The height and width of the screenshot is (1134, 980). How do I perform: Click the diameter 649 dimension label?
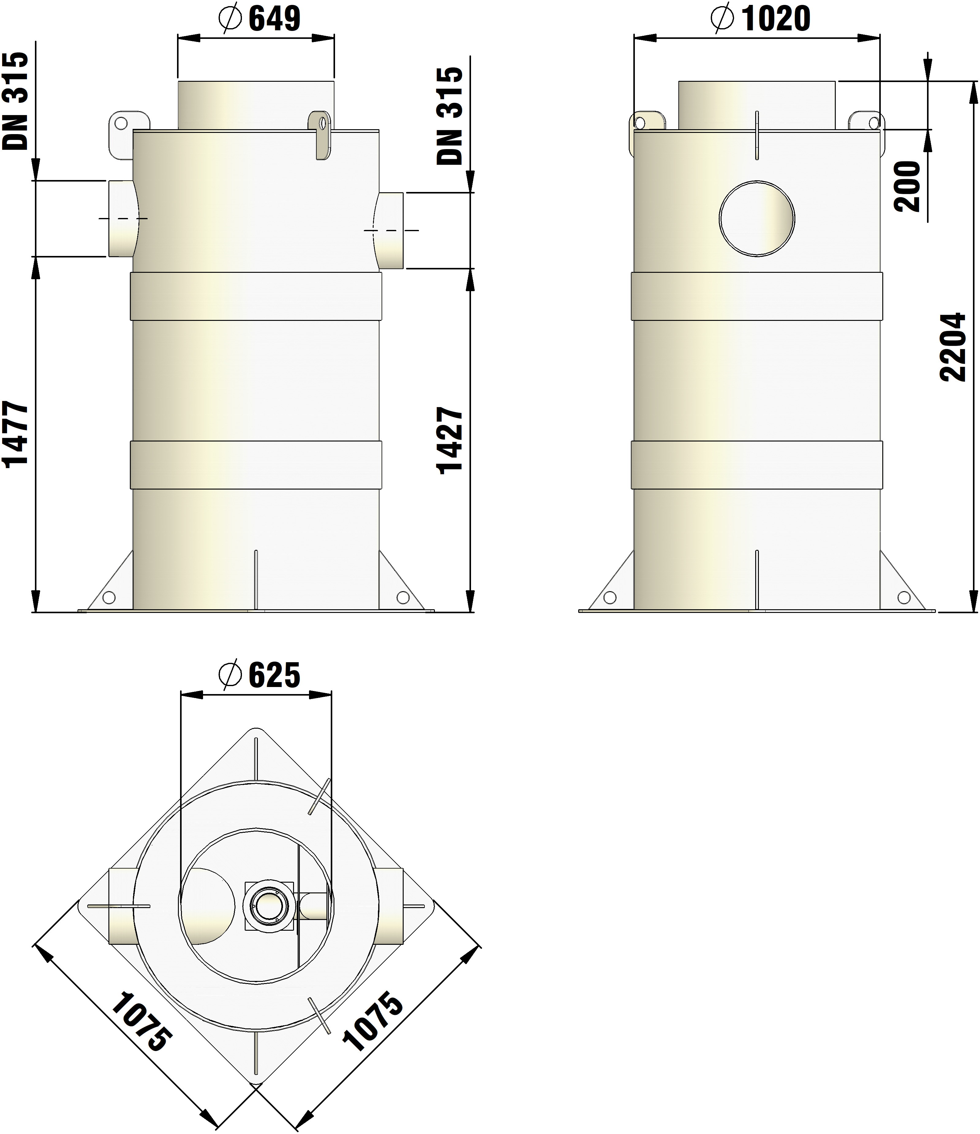[x=259, y=19]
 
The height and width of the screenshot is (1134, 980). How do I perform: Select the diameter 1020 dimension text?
[x=760, y=19]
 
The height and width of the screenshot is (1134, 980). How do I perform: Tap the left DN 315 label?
[x=15, y=101]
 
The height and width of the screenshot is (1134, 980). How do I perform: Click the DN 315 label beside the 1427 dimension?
[x=450, y=116]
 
